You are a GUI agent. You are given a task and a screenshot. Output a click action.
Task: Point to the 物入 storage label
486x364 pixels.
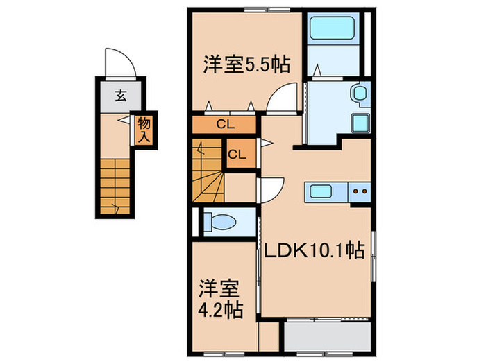(144, 129)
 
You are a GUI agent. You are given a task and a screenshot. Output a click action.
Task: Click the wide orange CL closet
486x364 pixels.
(224, 125)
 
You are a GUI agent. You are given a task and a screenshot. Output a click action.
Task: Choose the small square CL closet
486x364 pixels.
(236, 154)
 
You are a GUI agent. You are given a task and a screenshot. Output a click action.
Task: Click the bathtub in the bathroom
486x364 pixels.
(330, 30)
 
